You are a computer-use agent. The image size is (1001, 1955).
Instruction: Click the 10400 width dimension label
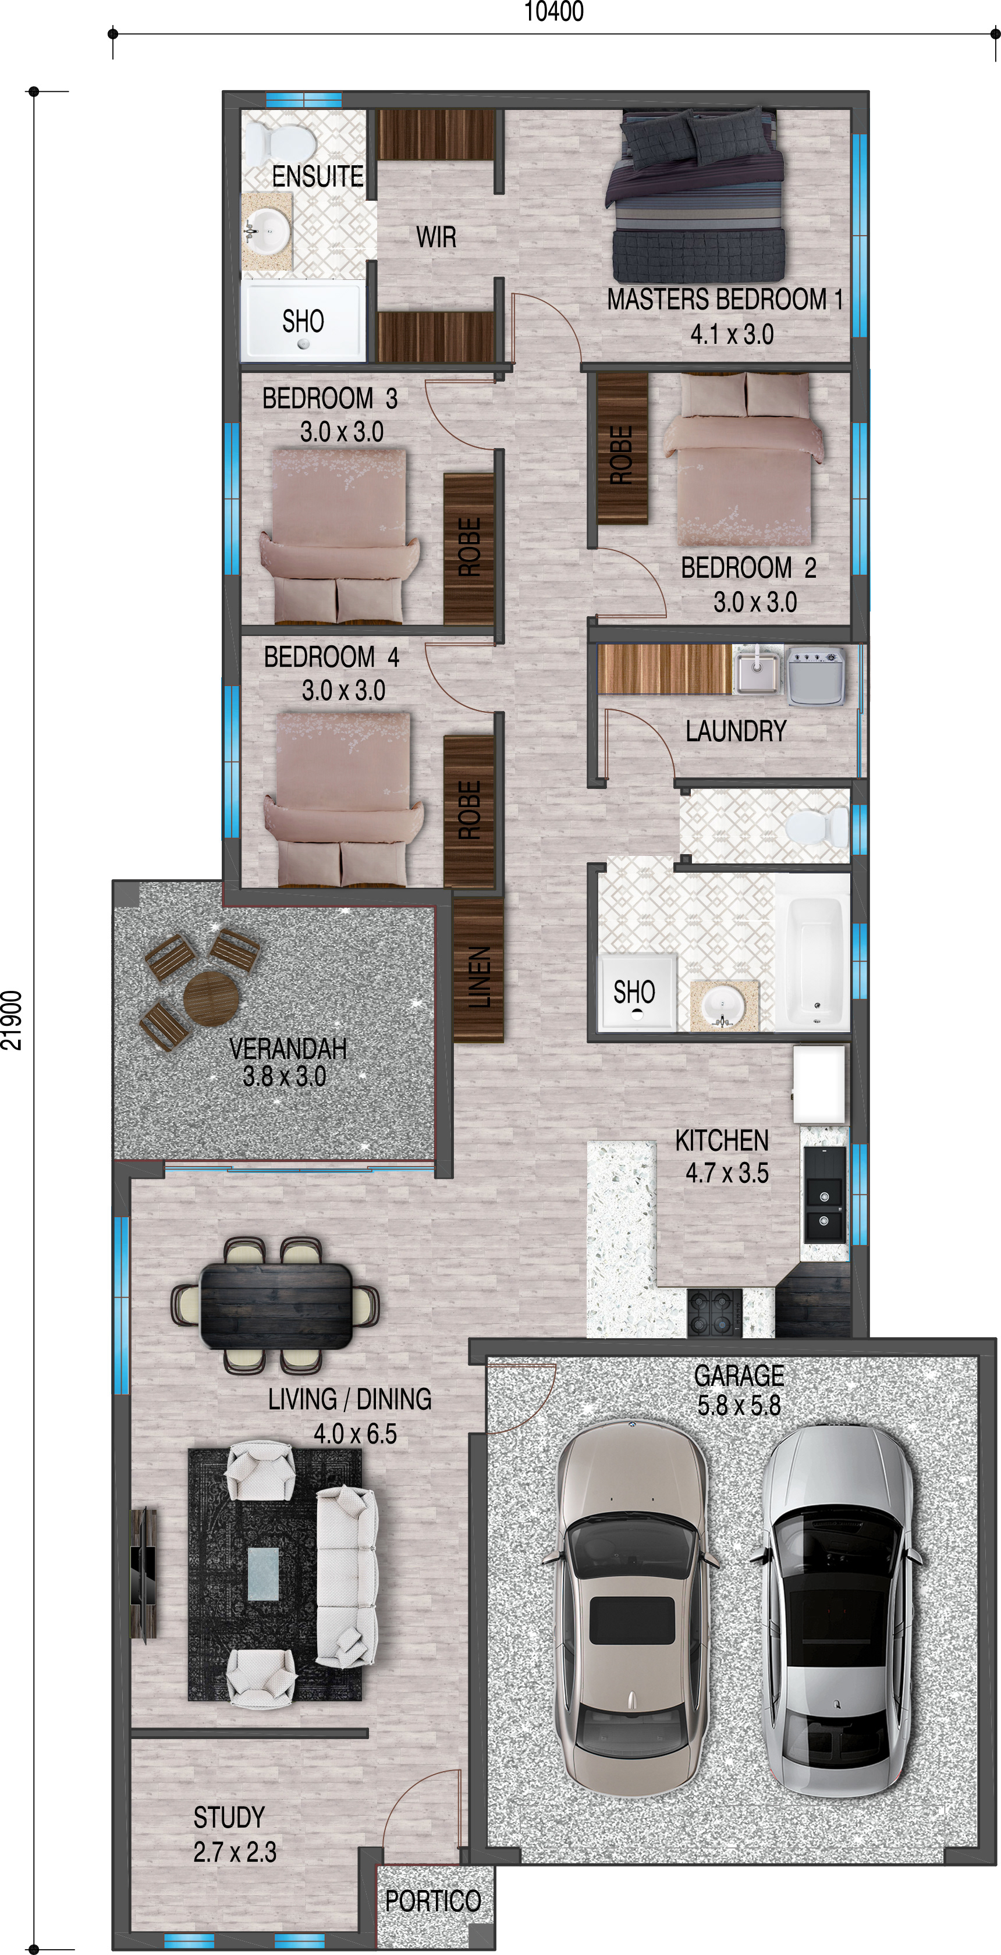(x=554, y=12)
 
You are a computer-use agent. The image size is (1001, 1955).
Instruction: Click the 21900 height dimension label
(x=12, y=1021)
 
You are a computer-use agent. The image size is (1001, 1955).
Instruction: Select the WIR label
(x=436, y=237)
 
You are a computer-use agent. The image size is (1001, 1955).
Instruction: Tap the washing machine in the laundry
(x=817, y=676)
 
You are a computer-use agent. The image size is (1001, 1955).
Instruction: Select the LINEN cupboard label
(x=479, y=978)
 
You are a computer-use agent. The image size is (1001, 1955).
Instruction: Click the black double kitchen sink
(x=824, y=1194)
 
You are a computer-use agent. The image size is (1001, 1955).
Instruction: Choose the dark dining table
(x=276, y=1305)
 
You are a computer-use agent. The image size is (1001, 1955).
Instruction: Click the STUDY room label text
(x=229, y=1818)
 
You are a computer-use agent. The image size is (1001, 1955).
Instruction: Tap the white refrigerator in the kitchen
(x=819, y=1084)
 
